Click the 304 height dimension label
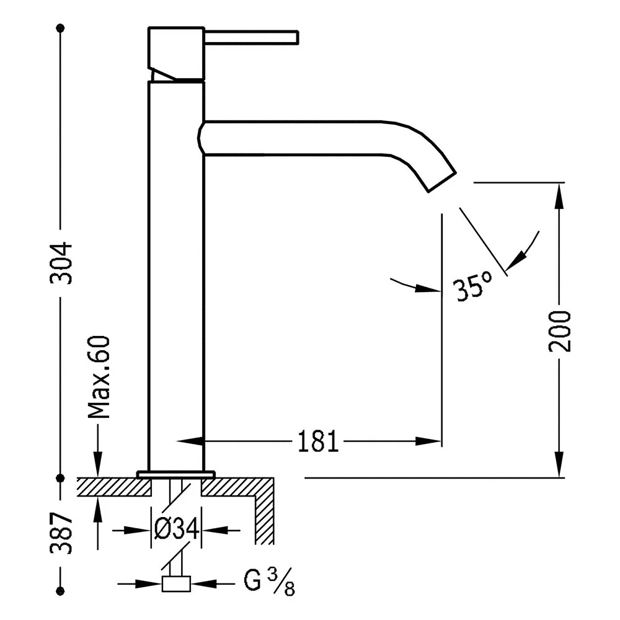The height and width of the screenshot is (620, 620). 61,263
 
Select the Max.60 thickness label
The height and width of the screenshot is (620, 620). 99,377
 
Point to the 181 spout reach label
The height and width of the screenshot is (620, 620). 318,441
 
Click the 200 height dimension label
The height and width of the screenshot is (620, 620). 559,331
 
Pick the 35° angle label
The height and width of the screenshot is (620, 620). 473,285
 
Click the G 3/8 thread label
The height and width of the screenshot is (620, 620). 269,582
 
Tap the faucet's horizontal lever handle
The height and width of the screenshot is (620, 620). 251,37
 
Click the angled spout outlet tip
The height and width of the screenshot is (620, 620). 442,182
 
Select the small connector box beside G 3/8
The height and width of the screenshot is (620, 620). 176,583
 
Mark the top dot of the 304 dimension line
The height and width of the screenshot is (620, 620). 61,28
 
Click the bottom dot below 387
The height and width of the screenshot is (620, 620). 61,591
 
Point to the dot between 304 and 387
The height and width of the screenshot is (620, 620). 61,479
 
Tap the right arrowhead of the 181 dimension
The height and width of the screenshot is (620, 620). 428,441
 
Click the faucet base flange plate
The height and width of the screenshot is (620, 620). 176,474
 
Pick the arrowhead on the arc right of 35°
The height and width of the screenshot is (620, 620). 516,260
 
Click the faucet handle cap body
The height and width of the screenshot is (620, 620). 176,53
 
